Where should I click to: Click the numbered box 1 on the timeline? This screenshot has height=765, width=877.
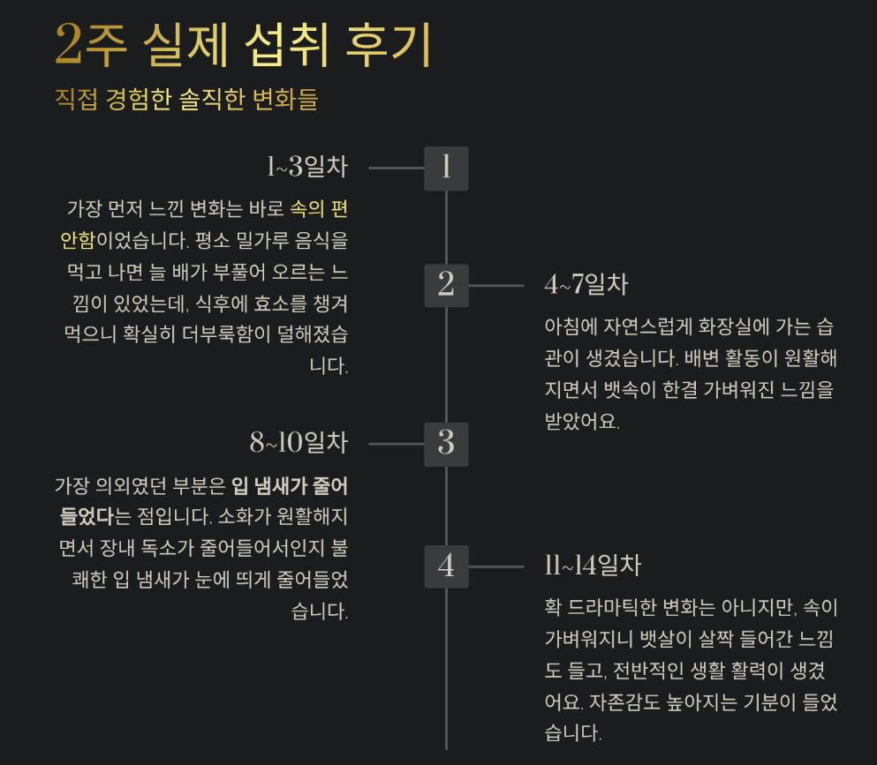click(446, 168)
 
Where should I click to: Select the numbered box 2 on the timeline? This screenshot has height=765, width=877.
click(446, 285)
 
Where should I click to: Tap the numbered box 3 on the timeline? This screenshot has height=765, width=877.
click(446, 444)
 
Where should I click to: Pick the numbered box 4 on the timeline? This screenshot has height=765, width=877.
click(446, 566)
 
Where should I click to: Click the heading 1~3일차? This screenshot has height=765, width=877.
click(307, 167)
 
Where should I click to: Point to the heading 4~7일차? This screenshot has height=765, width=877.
click(586, 284)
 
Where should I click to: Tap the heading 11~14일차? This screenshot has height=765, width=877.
click(593, 566)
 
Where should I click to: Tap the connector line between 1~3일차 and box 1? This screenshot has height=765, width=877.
click(396, 168)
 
